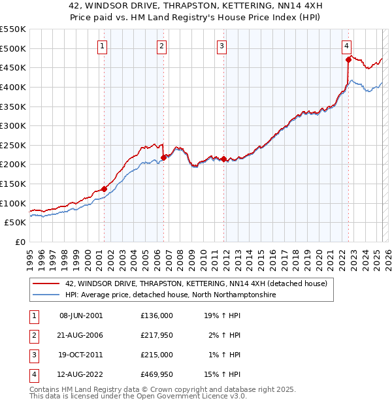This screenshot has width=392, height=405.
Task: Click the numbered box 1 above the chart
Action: point(103,46)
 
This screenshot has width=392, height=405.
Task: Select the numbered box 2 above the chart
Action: point(161,46)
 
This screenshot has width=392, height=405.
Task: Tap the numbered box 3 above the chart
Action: point(222,46)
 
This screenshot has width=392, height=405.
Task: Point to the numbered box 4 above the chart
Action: point(346,46)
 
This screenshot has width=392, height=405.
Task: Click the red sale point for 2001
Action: point(104,189)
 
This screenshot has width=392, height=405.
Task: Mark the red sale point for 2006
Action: point(163,157)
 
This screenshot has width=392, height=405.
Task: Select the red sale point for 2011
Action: point(223,159)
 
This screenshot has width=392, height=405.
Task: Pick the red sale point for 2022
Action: point(348,60)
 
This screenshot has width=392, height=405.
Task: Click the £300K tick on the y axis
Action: point(13,125)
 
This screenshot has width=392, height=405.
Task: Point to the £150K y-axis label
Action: point(13,184)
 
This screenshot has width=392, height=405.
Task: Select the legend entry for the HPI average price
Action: point(171,295)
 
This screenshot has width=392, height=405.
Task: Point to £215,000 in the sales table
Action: point(157,355)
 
